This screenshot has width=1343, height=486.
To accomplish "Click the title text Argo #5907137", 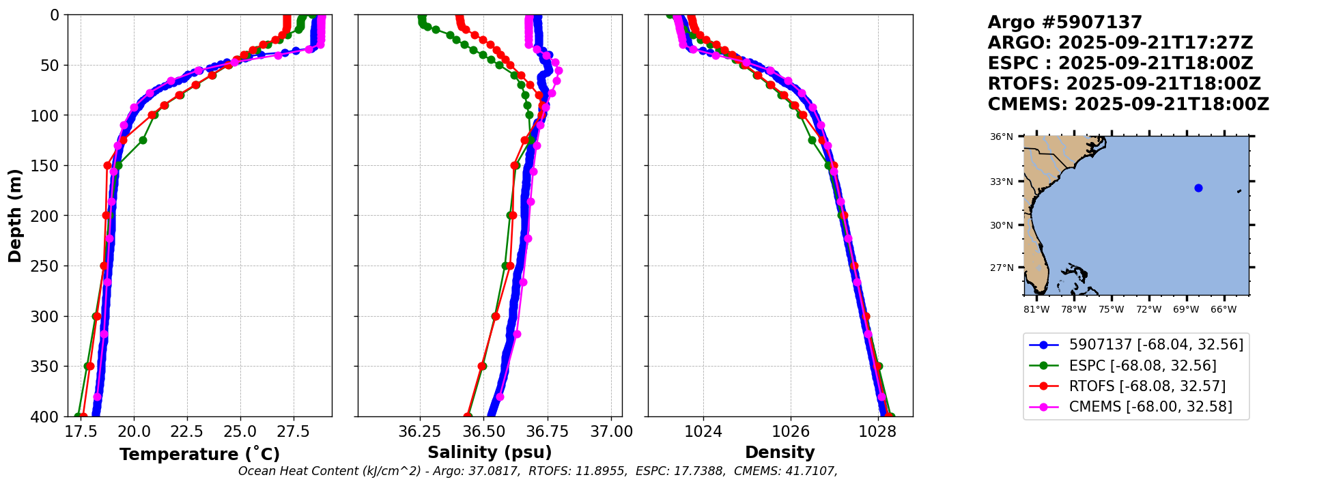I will point(1064,23).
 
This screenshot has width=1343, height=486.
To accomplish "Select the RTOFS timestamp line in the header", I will point(1124,84).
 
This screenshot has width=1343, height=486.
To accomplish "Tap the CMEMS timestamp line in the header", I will point(1128,104).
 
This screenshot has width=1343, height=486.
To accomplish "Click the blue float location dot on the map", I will point(1198,188).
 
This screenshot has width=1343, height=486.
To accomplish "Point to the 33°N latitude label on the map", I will point(1002,182).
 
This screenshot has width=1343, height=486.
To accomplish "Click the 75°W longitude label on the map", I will point(1111,309).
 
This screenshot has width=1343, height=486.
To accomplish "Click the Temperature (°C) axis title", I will point(199,454).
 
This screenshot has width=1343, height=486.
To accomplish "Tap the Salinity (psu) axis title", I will point(490,453).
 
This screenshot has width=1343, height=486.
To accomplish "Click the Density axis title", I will point(780,453).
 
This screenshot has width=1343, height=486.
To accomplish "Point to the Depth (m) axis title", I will point(14,216).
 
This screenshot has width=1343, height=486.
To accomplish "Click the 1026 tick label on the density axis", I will point(790,432).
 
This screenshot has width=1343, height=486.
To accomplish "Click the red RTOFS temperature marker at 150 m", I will point(107,165).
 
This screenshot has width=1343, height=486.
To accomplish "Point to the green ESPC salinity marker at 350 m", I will point(482,366).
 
